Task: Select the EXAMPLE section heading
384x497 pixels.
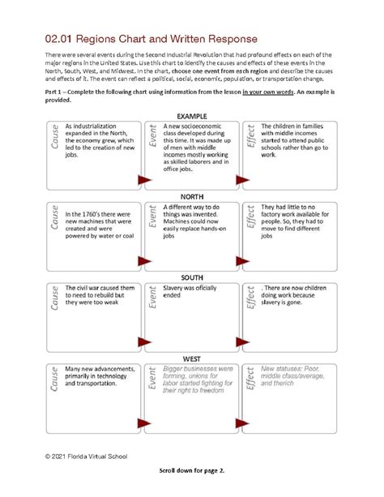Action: (x=192, y=117)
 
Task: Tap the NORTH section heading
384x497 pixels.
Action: (x=192, y=197)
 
